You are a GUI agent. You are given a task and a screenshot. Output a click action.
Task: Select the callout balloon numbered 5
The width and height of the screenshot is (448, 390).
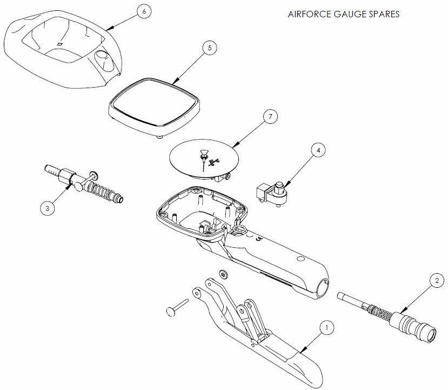click(210, 48)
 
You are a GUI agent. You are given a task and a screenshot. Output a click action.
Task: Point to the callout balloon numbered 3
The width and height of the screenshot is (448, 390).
click(48, 208)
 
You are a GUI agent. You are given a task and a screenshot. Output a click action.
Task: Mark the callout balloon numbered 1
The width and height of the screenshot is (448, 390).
click(325, 327)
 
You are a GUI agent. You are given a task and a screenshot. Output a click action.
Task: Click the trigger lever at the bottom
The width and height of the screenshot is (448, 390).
click(259, 341)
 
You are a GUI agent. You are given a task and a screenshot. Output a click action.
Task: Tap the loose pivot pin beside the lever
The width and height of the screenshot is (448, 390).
click(177, 307)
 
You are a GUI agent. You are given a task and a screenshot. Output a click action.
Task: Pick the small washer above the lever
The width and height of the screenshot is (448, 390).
click(224, 275)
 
